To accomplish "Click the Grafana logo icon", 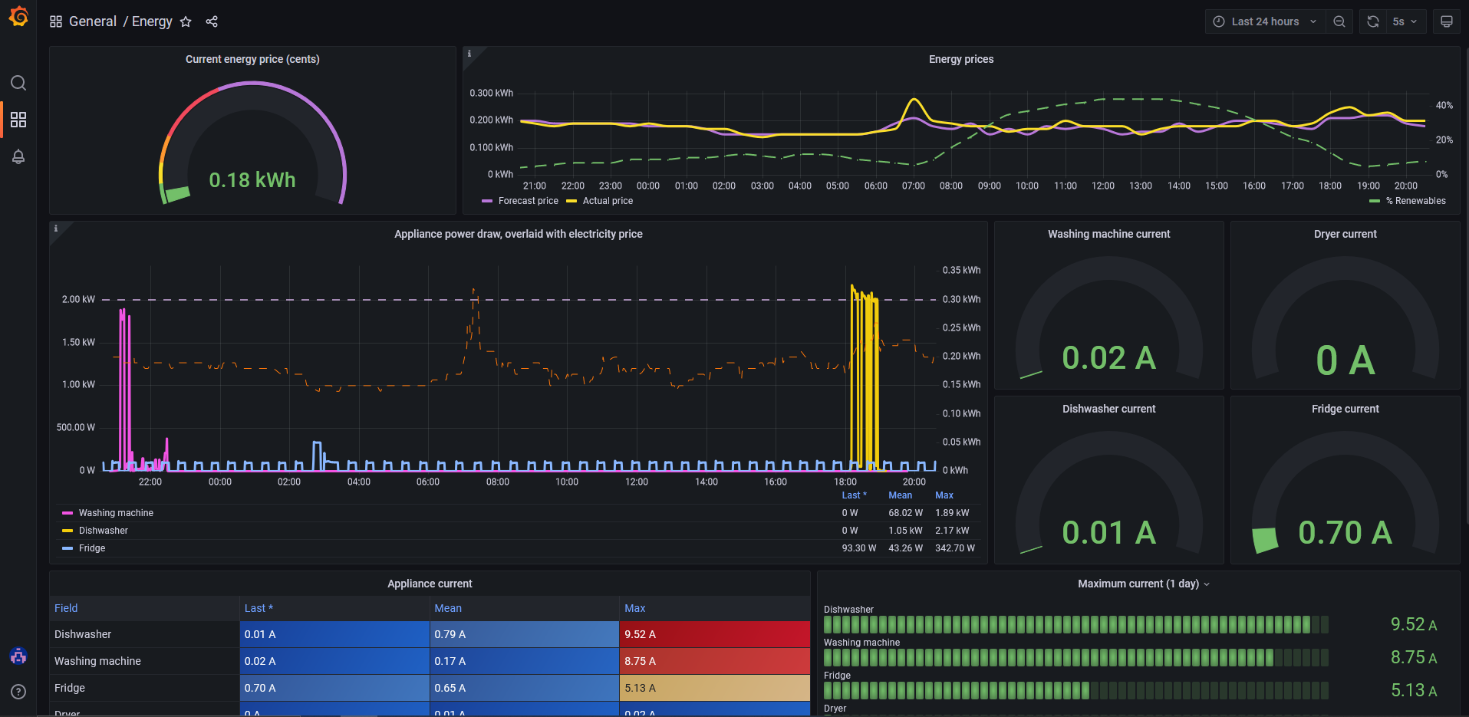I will (18, 16).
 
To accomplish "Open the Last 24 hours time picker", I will (1264, 21).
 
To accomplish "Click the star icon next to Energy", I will (186, 21).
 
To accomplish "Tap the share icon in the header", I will (212, 21).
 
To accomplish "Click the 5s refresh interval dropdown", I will (1404, 21).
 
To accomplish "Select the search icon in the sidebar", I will (18, 83).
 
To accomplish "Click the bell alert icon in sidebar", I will (18, 156).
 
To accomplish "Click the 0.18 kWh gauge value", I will (252, 180).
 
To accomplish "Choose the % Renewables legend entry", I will (1415, 201).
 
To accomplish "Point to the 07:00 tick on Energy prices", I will (913, 186).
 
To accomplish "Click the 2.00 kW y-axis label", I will (78, 299).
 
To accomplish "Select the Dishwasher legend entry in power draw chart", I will (103, 531).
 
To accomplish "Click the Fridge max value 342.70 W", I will (954, 548).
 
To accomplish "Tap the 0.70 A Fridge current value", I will (1344, 532).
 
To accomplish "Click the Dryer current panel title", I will (1345, 234).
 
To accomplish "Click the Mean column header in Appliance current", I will (448, 608).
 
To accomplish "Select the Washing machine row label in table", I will (97, 661).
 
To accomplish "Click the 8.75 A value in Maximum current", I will (1413, 657).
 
